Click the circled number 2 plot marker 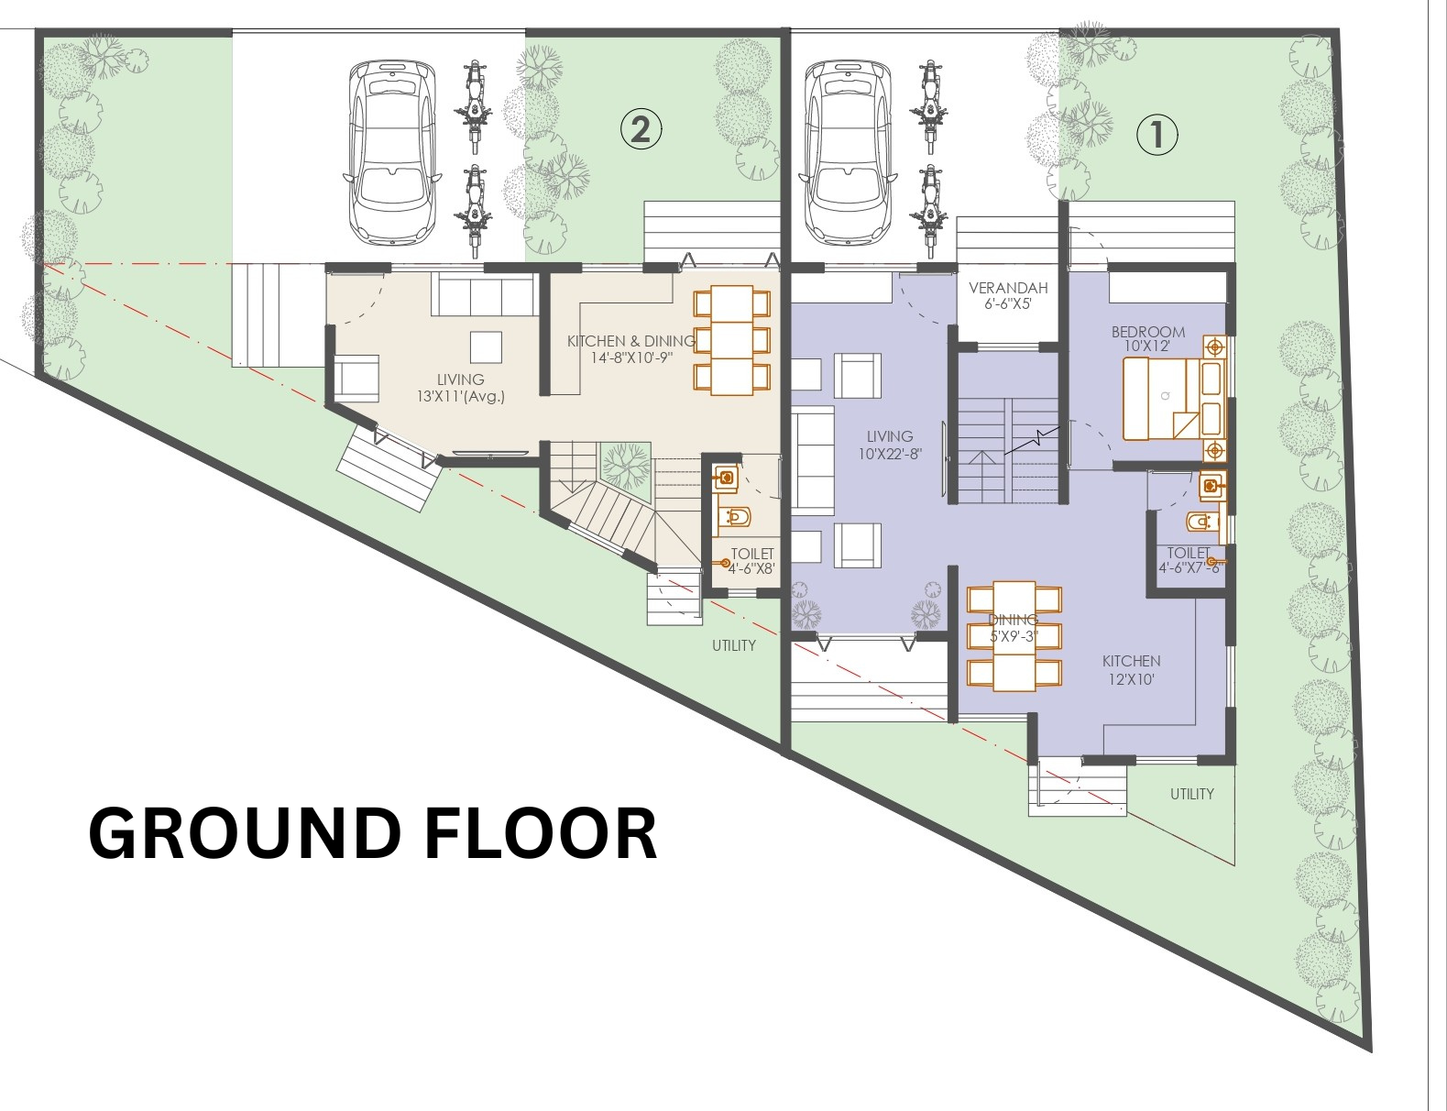click(641, 129)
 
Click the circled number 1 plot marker click(1157, 136)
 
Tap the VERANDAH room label click(1008, 289)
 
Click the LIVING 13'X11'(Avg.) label click(461, 388)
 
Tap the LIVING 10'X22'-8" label click(890, 445)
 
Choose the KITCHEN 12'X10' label click(1132, 670)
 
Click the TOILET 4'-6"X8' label click(752, 562)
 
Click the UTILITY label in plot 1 click(1192, 794)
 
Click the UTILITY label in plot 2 click(734, 645)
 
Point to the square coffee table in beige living click(486, 346)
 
